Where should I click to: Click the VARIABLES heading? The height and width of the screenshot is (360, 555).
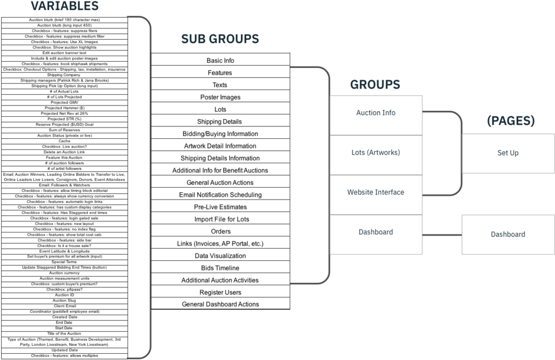[64, 6]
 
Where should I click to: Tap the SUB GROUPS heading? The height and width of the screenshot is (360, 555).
[220, 39]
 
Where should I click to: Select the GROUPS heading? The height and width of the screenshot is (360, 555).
[375, 85]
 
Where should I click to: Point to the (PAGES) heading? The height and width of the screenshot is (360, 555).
[510, 121]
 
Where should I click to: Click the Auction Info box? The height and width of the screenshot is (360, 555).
[376, 115]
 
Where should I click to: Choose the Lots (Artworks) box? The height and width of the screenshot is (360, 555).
[376, 155]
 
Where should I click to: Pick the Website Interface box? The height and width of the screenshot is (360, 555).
[376, 194]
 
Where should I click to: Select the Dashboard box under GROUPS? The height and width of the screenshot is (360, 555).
[376, 234]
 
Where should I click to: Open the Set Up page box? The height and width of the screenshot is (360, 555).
[508, 153]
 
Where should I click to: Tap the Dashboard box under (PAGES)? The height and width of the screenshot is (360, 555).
[508, 234]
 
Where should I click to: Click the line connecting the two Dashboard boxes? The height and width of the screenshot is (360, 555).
[442, 234]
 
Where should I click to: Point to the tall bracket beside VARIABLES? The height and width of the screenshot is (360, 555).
[151, 187]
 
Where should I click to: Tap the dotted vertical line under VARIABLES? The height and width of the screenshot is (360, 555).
[129, 187]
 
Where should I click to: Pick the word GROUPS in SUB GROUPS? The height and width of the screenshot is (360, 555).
[234, 39]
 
